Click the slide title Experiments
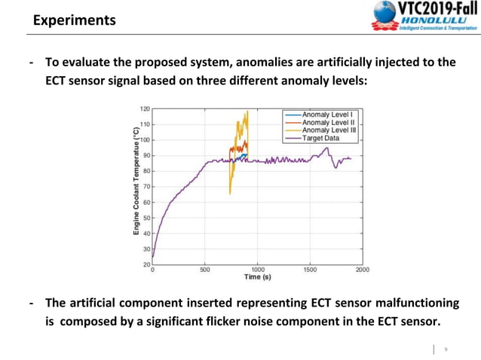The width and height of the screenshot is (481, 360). (74, 20)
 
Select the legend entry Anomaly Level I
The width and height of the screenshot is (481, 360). (328, 114)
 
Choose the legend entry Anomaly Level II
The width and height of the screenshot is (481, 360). (329, 122)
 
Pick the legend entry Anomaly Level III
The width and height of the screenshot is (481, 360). (329, 130)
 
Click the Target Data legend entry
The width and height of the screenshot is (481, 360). (323, 139)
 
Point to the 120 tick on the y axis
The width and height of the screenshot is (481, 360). (145, 108)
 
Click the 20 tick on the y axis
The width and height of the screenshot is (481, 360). (146, 264)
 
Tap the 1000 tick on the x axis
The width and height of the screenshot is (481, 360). (258, 269)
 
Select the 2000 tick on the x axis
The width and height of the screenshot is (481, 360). (363, 269)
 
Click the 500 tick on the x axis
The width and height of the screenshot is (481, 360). (205, 269)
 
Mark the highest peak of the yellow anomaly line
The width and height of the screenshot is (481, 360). (247, 111)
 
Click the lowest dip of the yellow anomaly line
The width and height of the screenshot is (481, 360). (230, 194)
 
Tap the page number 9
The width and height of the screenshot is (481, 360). (446, 349)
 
